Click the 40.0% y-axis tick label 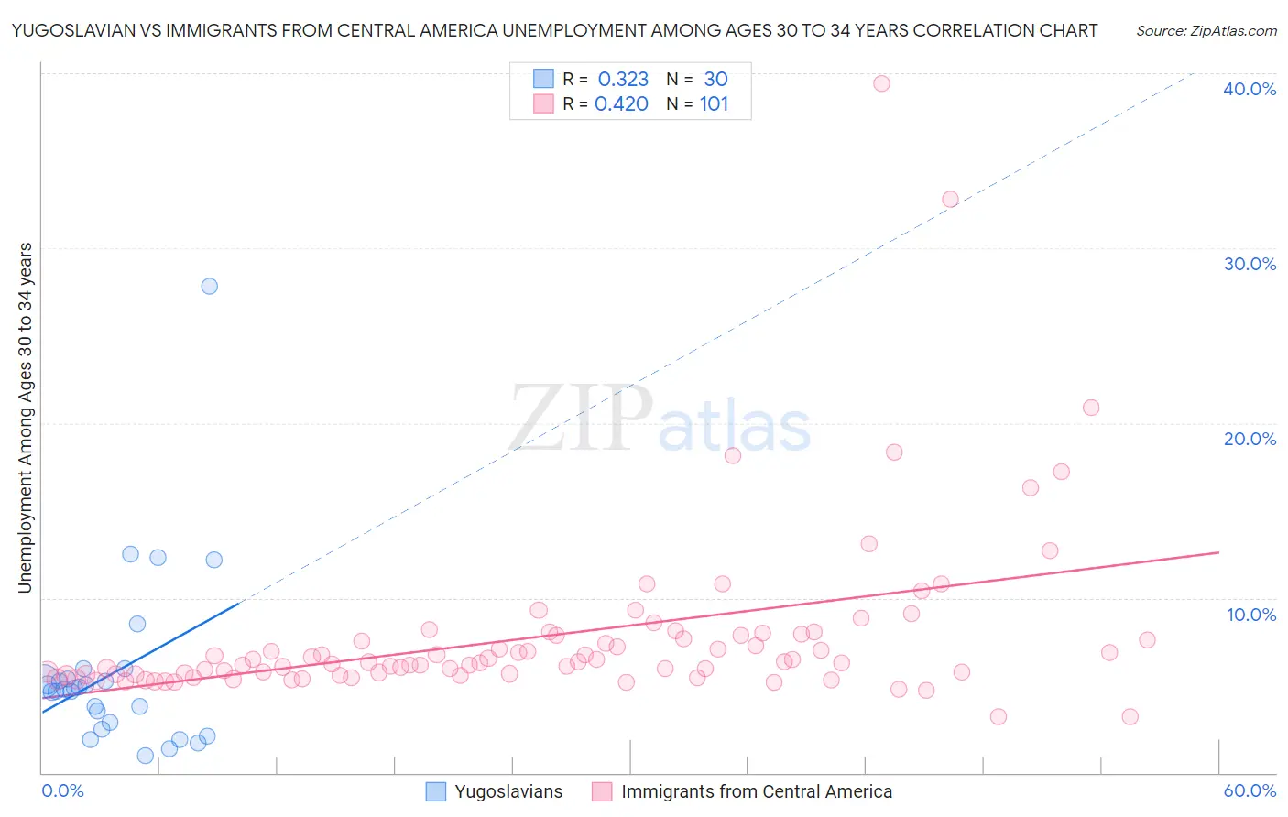[x=1250, y=89]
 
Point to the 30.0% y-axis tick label [x=1250, y=264]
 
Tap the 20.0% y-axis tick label [x=1250, y=439]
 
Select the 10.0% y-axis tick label [x=1251, y=615]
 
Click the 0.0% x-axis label [x=62, y=790]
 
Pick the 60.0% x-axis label [x=1250, y=790]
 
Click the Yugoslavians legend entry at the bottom [x=508, y=791]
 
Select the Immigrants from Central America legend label [x=756, y=791]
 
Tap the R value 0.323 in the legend [x=623, y=79]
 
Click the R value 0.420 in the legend [x=621, y=104]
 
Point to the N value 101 [x=714, y=104]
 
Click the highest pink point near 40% [x=881, y=83]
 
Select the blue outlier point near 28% [x=210, y=286]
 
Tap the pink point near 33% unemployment [x=950, y=200]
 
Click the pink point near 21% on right [x=1091, y=408]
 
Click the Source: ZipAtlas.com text [x=1206, y=31]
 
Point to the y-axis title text [x=26, y=418]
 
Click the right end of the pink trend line [x=1218, y=552]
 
